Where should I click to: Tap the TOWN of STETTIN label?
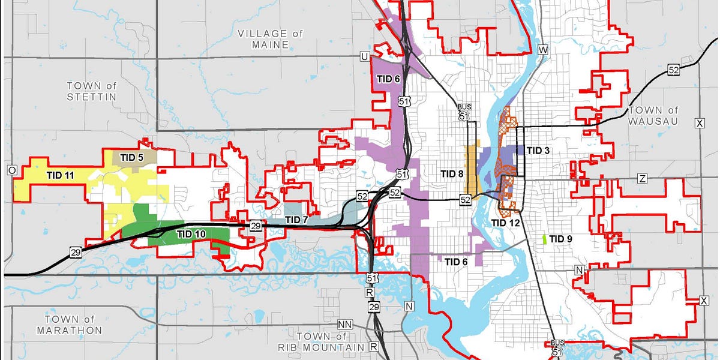pos(91,91)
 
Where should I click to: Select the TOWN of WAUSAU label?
pos(653,116)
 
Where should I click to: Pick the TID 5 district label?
pos(131,157)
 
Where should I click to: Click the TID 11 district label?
pos(61,175)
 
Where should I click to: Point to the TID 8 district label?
pos(452,174)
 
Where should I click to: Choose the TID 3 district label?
pos(538,150)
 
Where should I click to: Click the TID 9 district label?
pos(562,239)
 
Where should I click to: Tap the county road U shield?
pos(364,56)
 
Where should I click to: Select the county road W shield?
pos(544,49)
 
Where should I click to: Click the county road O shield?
pos(11,170)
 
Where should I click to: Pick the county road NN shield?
pos(344,325)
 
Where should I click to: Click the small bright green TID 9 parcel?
pos(544,239)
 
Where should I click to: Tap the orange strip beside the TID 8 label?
pos(471,170)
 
